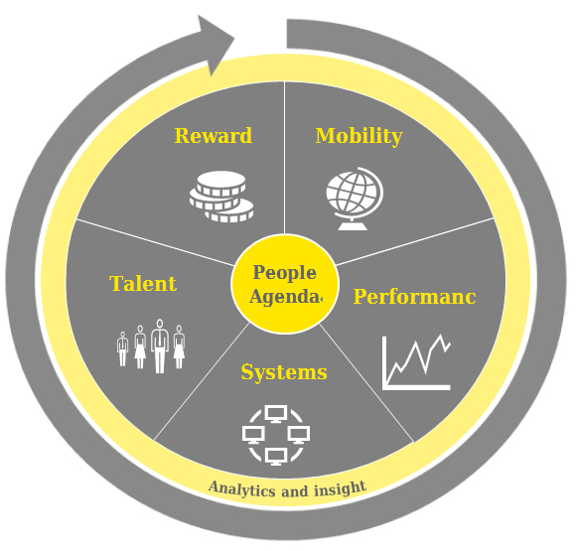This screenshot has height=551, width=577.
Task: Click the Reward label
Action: [x=214, y=136]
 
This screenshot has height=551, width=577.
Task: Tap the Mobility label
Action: [x=360, y=136]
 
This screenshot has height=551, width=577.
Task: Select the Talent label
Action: [x=143, y=284]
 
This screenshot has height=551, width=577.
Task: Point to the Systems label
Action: [x=284, y=372]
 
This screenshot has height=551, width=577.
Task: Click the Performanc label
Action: [x=414, y=297]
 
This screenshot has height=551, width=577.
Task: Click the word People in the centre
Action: [x=284, y=274]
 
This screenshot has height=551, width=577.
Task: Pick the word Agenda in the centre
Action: [x=284, y=297]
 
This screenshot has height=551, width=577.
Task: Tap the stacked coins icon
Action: [x=221, y=197]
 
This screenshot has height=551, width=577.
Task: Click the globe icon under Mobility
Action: [x=355, y=199]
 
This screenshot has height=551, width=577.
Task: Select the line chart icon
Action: [x=416, y=362]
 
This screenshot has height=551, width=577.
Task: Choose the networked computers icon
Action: [x=276, y=436]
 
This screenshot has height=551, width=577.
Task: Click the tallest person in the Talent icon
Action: [x=159, y=346]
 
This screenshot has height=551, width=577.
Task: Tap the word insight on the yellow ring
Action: [x=341, y=488]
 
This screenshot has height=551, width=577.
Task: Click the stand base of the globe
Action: [x=353, y=224]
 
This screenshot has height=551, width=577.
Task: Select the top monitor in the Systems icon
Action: [x=276, y=413]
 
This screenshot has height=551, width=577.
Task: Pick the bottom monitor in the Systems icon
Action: [x=276, y=458]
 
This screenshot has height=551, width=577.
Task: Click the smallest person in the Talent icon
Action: [x=122, y=348]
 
